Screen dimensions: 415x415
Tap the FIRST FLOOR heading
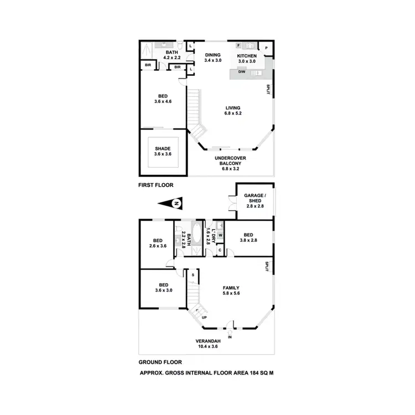click(154, 186)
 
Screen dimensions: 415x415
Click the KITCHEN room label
click(247, 55)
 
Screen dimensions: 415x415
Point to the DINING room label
click(213, 55)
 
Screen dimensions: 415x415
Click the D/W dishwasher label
click(242, 72)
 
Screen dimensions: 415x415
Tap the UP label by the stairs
click(205, 318)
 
